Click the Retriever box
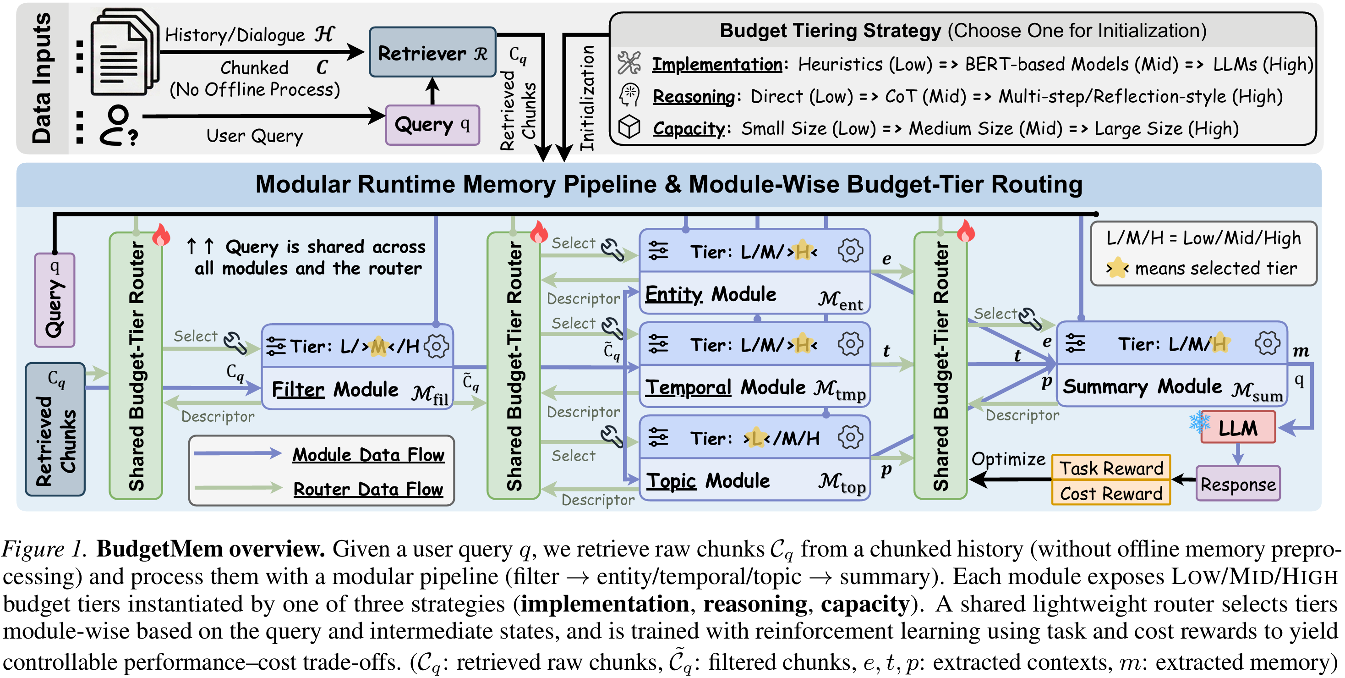click(x=432, y=52)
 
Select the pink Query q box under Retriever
click(x=432, y=124)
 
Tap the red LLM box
click(x=1237, y=428)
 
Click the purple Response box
click(x=1237, y=484)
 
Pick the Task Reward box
click(x=1110, y=468)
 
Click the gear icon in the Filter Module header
click(x=436, y=346)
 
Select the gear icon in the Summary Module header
click(x=1267, y=344)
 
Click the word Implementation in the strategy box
click(x=717, y=64)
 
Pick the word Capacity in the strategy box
click(x=689, y=128)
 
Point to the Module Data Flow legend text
click(x=368, y=455)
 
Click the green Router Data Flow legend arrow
click(x=238, y=488)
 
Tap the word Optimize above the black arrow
click(x=1008, y=458)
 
